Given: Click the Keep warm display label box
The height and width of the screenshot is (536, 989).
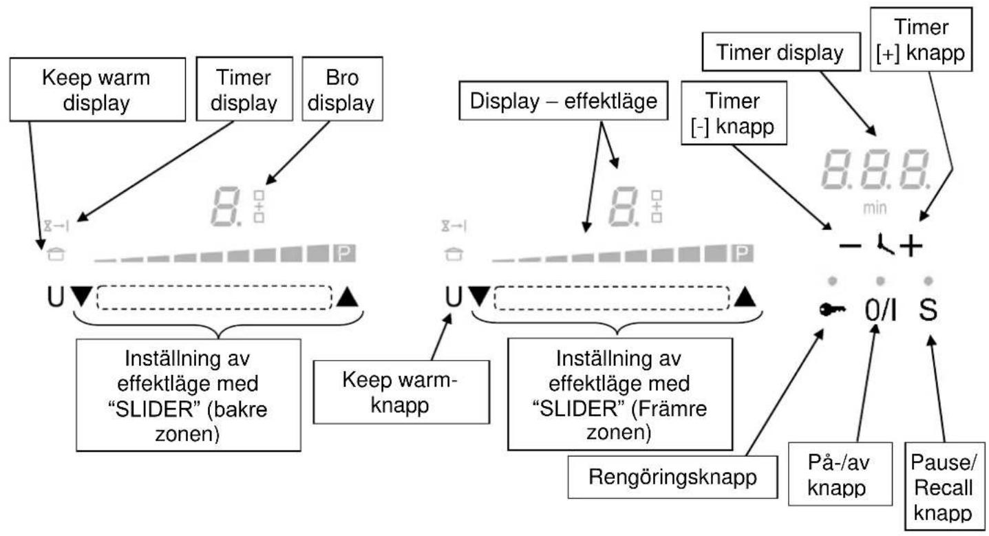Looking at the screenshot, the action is point(98,89).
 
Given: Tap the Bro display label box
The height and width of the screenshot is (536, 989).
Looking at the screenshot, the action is point(342,89).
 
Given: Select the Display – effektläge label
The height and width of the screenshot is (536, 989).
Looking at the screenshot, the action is point(564,100).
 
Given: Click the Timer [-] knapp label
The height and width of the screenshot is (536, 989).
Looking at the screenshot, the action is point(734,113).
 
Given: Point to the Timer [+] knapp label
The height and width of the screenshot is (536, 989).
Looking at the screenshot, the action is point(921,39).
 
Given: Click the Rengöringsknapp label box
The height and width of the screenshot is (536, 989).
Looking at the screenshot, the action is point(672,477).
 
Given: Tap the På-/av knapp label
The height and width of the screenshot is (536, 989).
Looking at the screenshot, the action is point(840,474).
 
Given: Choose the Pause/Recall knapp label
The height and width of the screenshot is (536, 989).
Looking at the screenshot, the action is point(944,486).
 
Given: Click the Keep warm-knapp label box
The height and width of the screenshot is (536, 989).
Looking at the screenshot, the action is point(401,392).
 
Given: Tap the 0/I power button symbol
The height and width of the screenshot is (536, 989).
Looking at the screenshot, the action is point(880,310).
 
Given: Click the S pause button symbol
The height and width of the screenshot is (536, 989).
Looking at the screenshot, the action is point(928,310).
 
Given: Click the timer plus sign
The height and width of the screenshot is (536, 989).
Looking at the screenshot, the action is point(911,246).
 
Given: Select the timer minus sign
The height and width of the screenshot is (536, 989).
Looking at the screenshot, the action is point(850,246).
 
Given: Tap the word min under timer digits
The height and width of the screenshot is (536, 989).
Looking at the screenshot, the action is point(875,208).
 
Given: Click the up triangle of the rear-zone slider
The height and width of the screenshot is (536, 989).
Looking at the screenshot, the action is point(348,297).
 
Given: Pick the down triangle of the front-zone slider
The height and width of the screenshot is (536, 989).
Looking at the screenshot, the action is point(480,297).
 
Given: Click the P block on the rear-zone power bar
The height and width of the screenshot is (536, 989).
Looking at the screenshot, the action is point(344,253).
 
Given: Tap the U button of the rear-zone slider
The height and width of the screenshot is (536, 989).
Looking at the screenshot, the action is point(56,297).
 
